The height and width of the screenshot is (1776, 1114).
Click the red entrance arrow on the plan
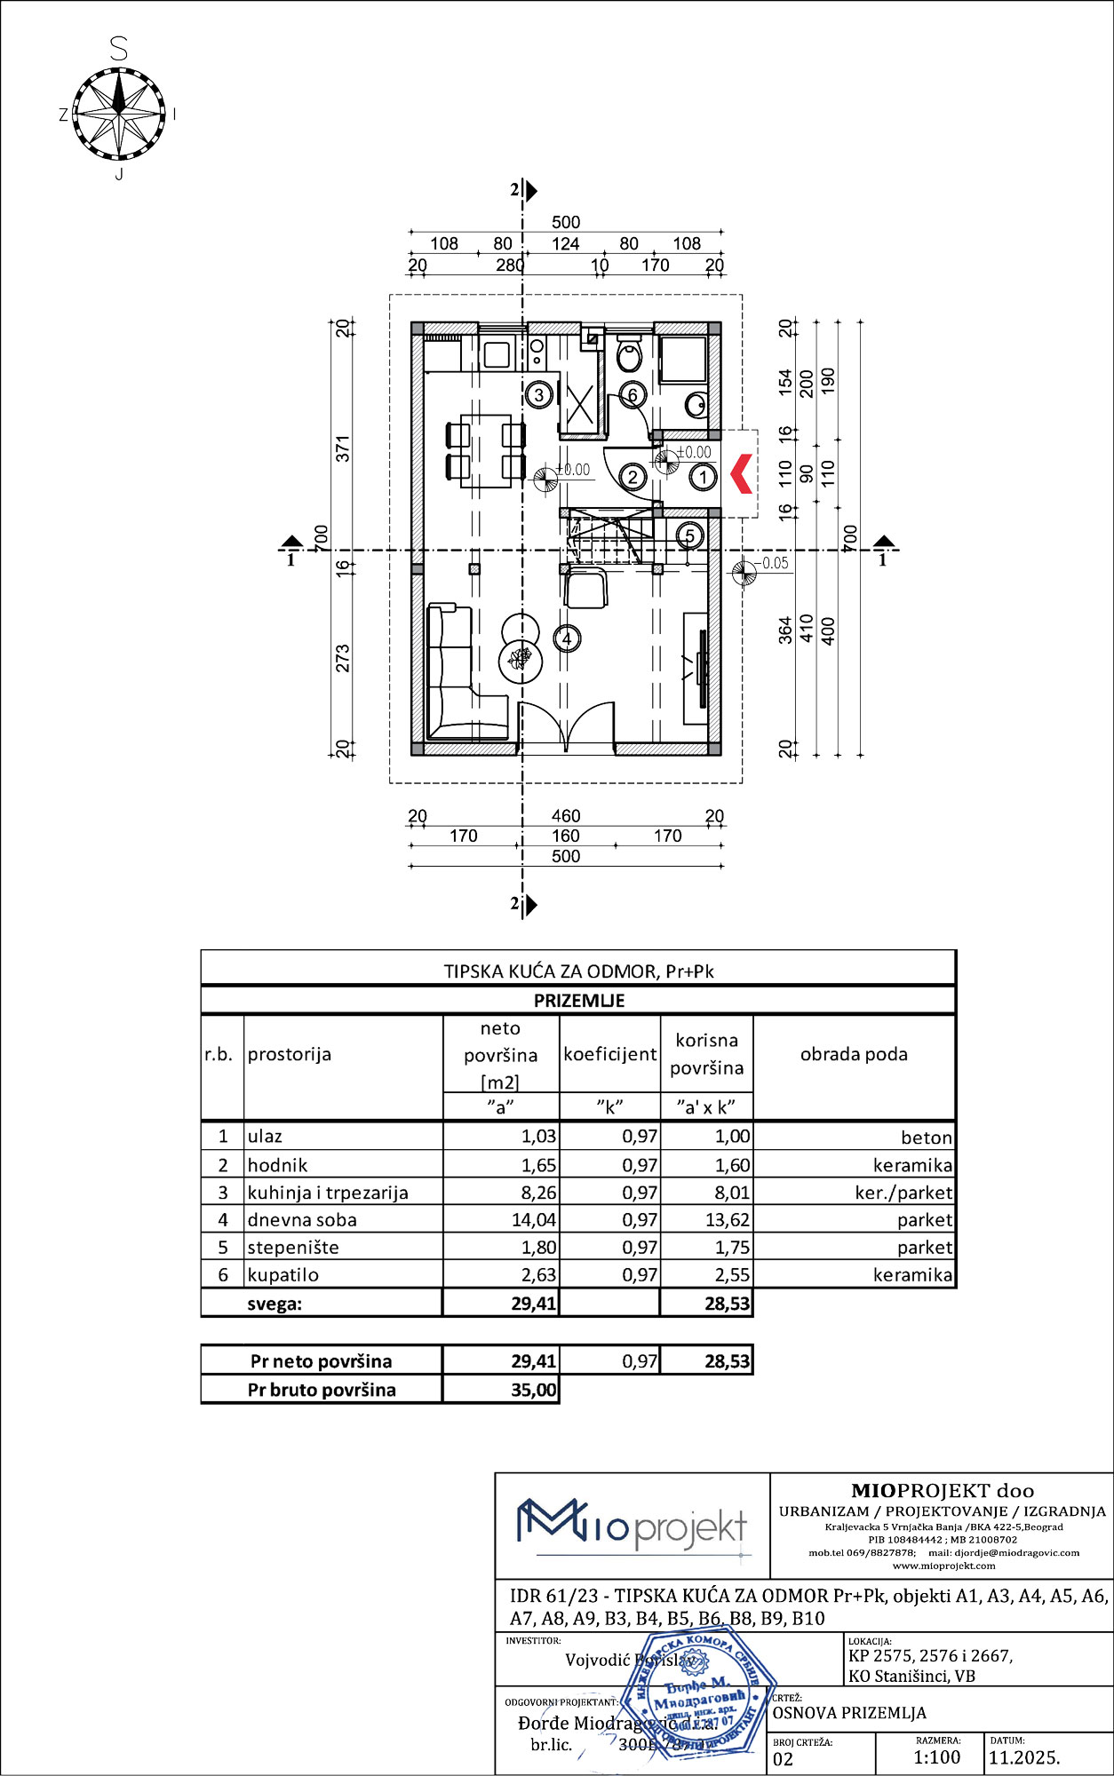742,473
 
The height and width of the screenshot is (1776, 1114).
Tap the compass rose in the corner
118,114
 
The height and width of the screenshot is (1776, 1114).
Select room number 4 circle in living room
567,638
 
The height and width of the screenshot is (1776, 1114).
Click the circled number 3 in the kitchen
538,394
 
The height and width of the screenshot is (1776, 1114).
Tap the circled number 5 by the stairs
689,536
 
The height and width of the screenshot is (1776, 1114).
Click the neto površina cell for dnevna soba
533,1220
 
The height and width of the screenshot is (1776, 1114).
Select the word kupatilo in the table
283,1274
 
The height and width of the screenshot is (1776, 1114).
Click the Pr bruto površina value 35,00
533,1390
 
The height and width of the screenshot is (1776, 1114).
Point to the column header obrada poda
854,1054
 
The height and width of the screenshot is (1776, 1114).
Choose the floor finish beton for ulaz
926,1138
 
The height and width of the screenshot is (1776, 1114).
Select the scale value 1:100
936,1757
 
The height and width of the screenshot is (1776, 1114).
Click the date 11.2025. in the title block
1024,1757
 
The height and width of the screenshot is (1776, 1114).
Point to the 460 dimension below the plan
566,815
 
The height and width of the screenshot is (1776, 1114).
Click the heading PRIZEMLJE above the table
579,1001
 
